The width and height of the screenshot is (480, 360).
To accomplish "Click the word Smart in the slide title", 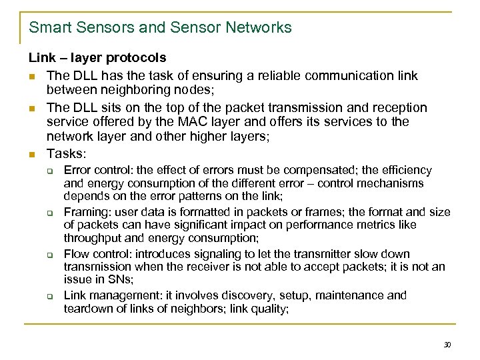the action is coord(47,28).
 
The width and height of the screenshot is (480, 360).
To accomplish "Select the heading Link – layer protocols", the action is coord(97,58).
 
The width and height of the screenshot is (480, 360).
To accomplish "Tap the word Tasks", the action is coord(67,152).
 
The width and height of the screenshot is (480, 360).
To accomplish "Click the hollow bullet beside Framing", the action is coord(49,212).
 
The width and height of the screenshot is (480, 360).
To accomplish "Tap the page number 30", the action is coord(447,345).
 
